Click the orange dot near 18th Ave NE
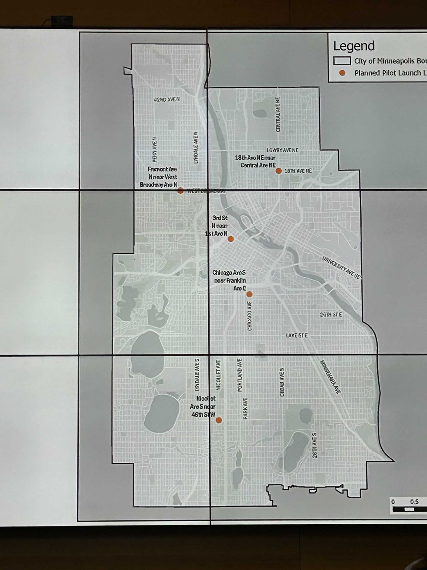(x=279, y=171)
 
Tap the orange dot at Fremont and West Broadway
(x=180, y=190)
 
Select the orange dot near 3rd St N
(x=231, y=239)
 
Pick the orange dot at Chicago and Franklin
(x=249, y=294)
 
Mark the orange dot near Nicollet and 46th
(x=219, y=420)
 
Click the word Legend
(x=354, y=46)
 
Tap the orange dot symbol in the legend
(x=342, y=73)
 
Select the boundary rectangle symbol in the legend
(x=342, y=61)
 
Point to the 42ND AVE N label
(x=167, y=99)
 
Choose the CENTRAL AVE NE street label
(x=278, y=114)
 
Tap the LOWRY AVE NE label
(x=283, y=150)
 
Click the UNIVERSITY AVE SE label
(x=342, y=266)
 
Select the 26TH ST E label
(x=331, y=314)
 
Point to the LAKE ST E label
(x=297, y=335)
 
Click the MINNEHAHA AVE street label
(x=331, y=377)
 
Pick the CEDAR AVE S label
(x=282, y=382)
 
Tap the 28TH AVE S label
(x=314, y=445)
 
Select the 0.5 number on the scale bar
(x=414, y=502)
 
